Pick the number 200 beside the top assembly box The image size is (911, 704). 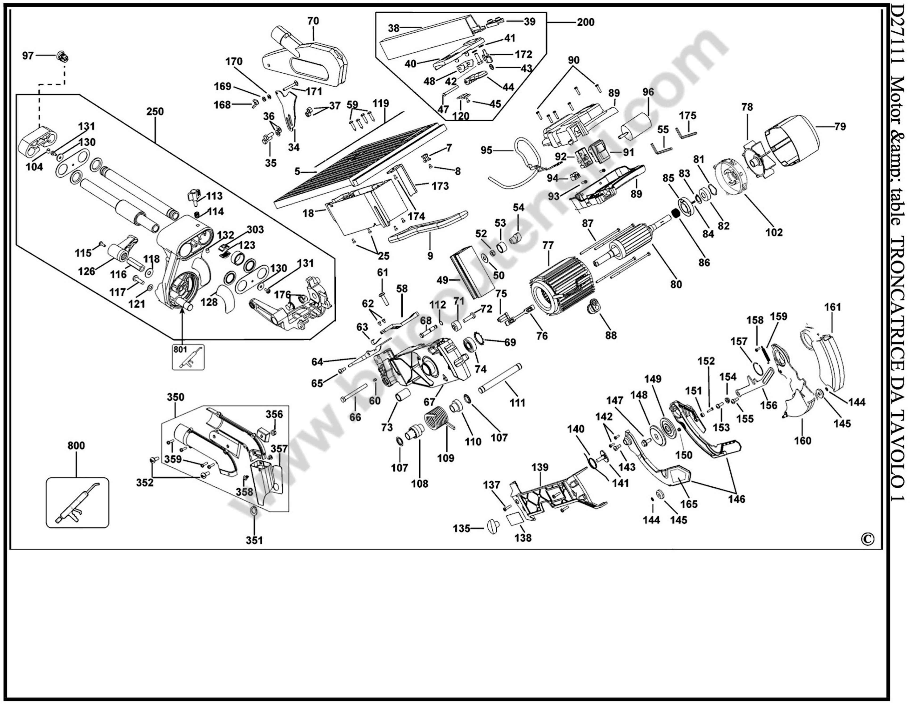[x=586, y=22]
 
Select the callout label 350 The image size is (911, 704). [x=176, y=397]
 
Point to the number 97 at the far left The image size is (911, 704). [x=28, y=55]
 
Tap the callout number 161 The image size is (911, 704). [x=833, y=307]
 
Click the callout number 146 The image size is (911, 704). [x=737, y=499]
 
